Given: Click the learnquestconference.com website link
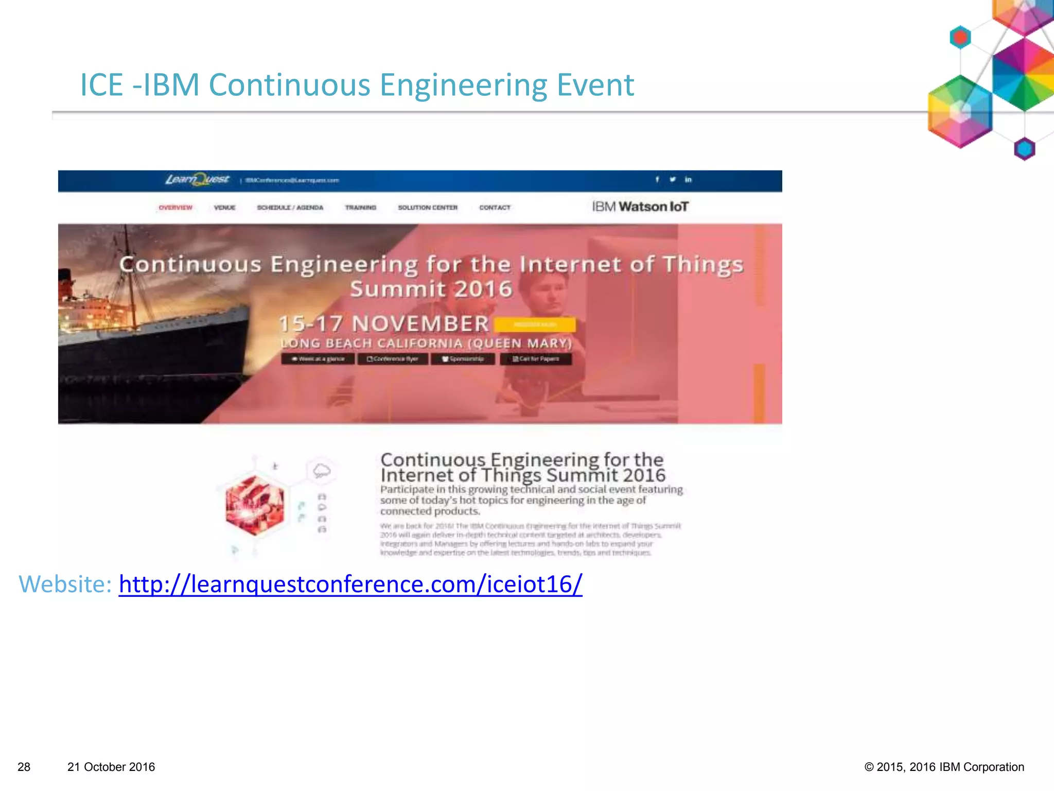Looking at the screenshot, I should (350, 584).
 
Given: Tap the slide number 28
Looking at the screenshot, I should (24, 767).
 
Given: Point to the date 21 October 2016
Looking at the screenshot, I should (111, 767).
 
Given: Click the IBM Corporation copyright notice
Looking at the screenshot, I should (944, 767).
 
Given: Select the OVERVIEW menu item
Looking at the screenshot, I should (175, 208).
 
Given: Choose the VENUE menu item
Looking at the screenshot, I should (224, 208).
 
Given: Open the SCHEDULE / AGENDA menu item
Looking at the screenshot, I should (290, 208).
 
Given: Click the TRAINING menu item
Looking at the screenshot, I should (361, 208).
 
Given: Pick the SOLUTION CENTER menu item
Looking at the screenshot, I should (428, 208).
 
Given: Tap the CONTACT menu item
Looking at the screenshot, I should (495, 208).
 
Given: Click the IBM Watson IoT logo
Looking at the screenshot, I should (640, 207).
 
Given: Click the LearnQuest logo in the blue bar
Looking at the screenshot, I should (197, 180).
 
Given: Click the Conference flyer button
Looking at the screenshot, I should (392, 359).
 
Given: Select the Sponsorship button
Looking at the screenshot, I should (463, 359).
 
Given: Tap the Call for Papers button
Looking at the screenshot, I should (536, 359).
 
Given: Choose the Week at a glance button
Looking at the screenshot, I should (318, 359).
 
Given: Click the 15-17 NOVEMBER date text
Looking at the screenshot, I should (384, 324).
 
